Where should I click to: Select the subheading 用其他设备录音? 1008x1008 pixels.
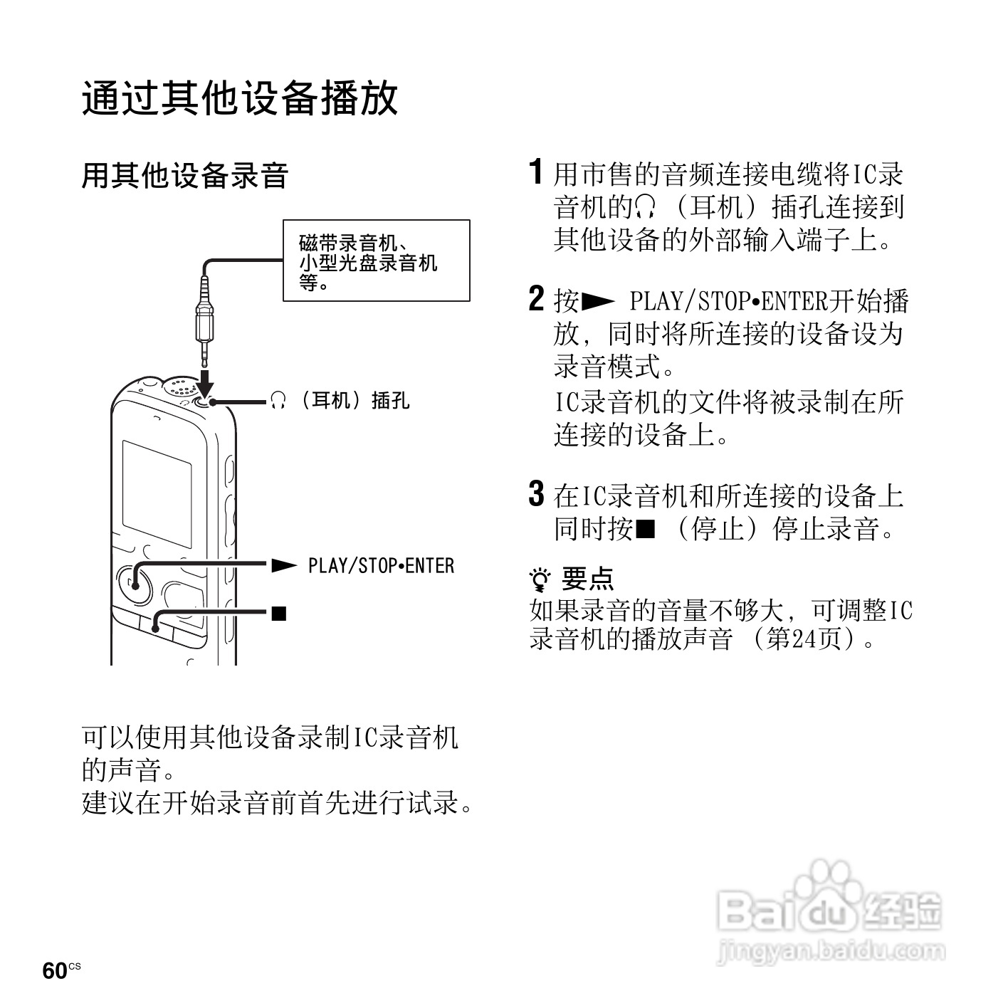[x=184, y=176]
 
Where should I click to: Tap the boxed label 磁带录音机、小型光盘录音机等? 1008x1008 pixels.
[x=377, y=261]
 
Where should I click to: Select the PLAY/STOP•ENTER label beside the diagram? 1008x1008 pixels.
[x=381, y=566]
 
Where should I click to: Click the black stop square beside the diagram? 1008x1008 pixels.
[x=278, y=612]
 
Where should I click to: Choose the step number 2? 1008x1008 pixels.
[x=537, y=299]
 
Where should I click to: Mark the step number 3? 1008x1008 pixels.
[x=537, y=494]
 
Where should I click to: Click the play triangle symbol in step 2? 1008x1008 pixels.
[x=598, y=302]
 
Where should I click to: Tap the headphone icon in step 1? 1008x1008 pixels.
[x=645, y=207]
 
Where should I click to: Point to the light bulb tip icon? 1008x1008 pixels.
[x=541, y=580]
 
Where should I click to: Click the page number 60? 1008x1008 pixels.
[x=55, y=971]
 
